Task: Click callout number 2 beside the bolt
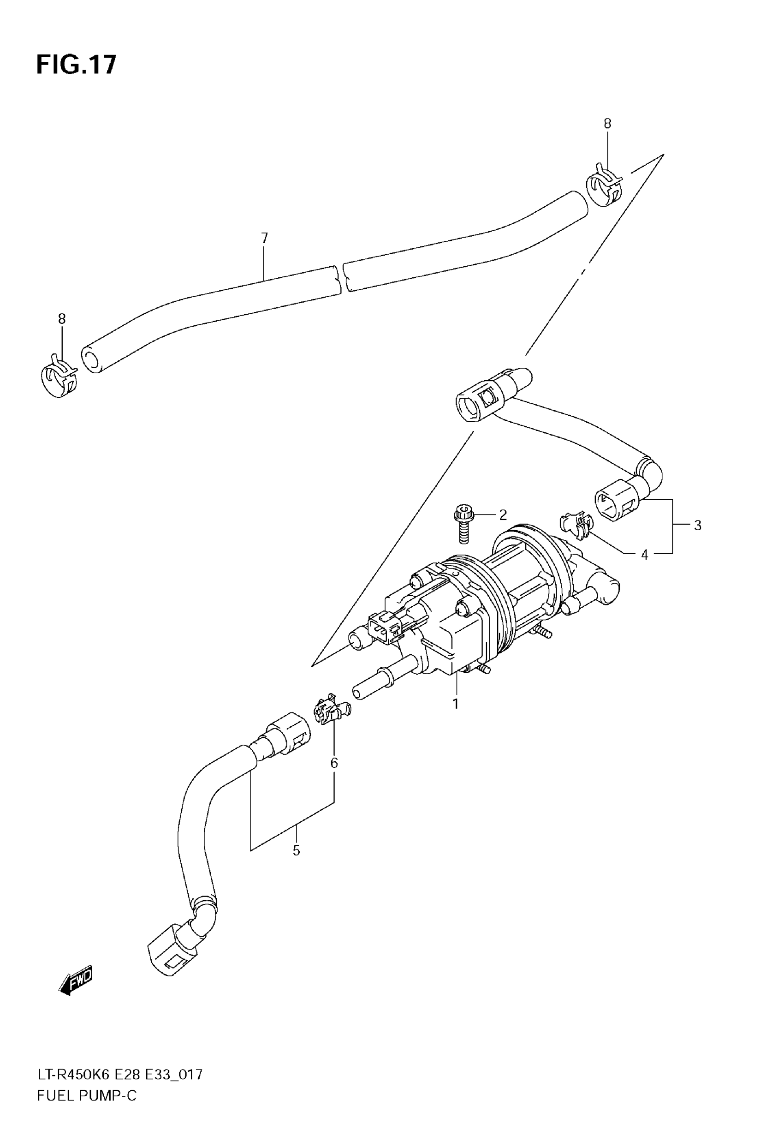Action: pyautogui.click(x=503, y=514)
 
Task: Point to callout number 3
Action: pyautogui.click(x=698, y=525)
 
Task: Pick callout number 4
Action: pyautogui.click(x=644, y=555)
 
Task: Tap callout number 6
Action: pyautogui.click(x=334, y=763)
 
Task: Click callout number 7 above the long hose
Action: pyautogui.click(x=264, y=238)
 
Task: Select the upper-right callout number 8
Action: pyautogui.click(x=607, y=124)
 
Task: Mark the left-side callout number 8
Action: pyautogui.click(x=61, y=319)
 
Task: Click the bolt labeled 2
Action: pyautogui.click(x=463, y=525)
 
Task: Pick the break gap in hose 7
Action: pyautogui.click(x=342, y=279)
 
